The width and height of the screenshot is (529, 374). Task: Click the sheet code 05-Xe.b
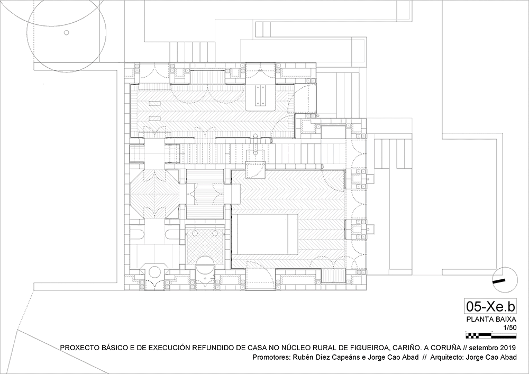tap(490, 306)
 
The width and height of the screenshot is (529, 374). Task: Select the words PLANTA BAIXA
tap(491, 320)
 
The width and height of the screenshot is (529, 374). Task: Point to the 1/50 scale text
tap(510, 327)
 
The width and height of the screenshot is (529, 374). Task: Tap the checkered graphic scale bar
tap(491, 335)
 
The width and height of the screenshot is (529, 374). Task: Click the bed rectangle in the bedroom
tap(265, 233)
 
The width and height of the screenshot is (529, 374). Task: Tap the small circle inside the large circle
tap(67, 32)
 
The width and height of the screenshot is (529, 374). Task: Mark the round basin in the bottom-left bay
tap(155, 272)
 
